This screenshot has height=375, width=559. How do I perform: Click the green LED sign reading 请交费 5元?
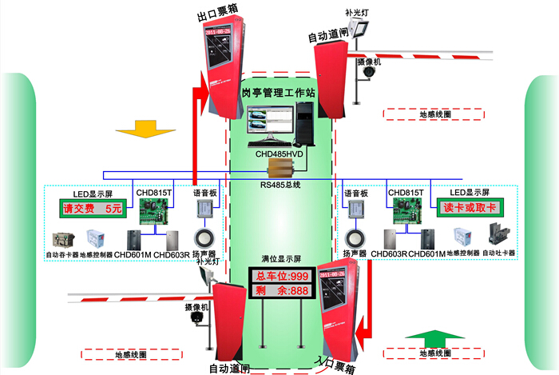(93, 209)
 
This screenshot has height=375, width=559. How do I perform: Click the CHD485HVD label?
(279, 153)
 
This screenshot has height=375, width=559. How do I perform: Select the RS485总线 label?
(280, 185)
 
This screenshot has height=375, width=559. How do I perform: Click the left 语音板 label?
(205, 193)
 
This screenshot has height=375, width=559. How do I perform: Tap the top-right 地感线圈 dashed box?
(435, 114)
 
